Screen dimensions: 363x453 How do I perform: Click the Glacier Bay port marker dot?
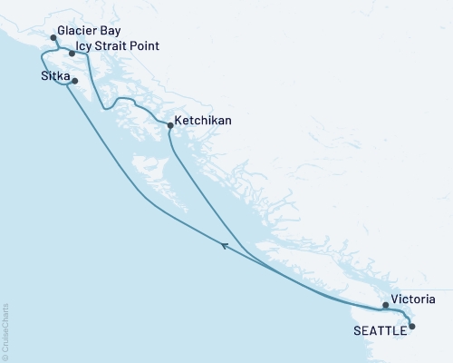53,38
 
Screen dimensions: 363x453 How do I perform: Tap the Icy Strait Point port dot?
72,53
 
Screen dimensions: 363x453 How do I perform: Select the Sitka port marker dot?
74,82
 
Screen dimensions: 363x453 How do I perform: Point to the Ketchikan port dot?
170,126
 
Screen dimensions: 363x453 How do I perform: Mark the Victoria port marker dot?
385,305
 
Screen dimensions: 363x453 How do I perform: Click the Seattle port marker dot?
412,326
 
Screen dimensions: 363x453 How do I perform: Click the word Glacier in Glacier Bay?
76,30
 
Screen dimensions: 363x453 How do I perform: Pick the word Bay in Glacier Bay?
111,30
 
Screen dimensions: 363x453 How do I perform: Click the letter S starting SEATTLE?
354,330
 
